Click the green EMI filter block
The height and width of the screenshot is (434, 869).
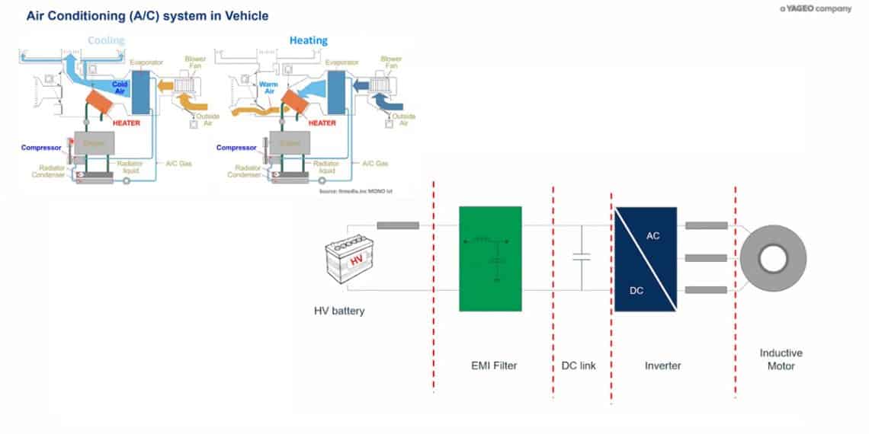point(490,258)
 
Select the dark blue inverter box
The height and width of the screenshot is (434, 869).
point(646,259)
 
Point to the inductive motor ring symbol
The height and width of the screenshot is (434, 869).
point(771,259)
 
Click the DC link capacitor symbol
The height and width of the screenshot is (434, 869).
point(582,258)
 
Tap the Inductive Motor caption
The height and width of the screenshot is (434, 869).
point(781,359)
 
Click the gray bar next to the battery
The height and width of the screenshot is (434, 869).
point(398,225)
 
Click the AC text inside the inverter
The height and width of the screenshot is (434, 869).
point(653,236)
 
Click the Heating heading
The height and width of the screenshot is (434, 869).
point(308,40)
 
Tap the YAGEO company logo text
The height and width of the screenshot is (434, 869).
point(815,9)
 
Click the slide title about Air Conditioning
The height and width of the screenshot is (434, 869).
point(147,15)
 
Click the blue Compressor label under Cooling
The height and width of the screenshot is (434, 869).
point(40,147)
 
